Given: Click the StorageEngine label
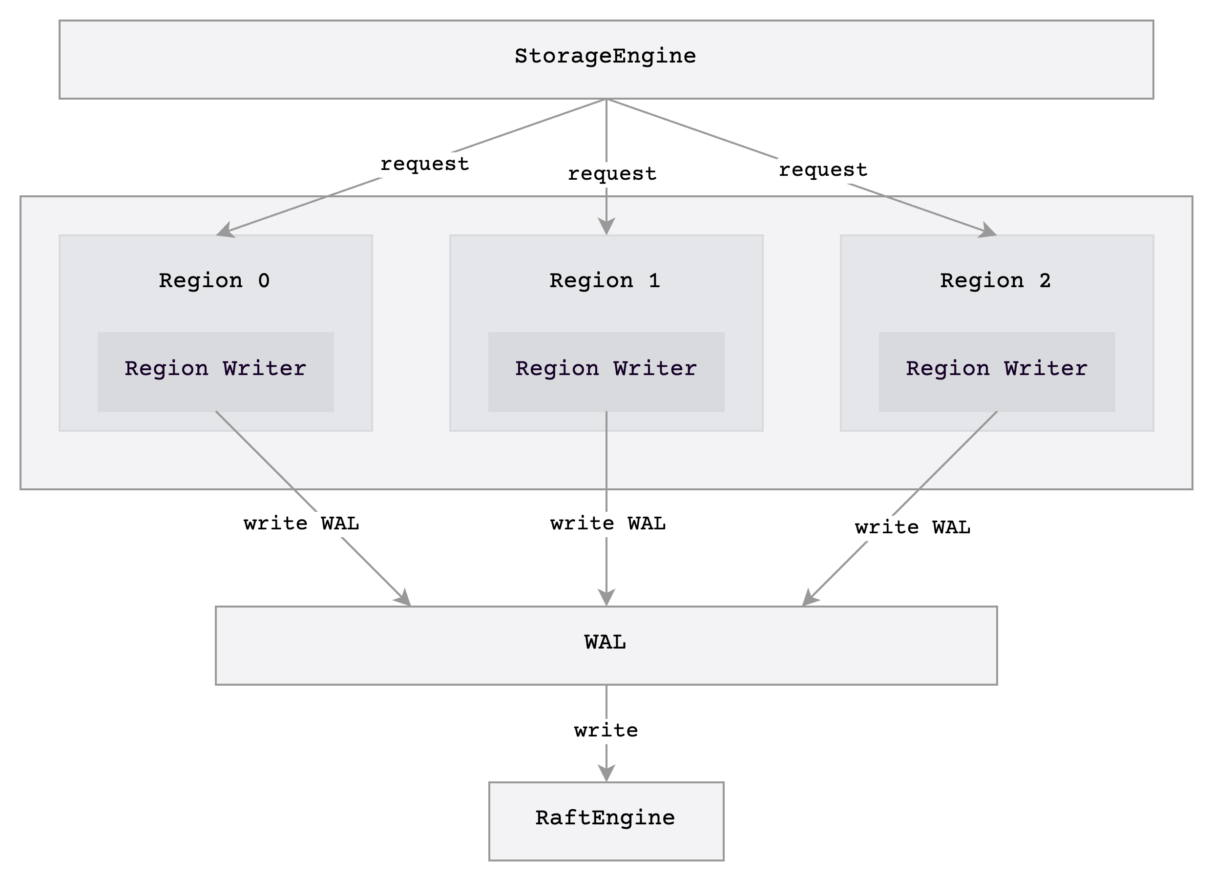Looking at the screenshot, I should (x=606, y=56).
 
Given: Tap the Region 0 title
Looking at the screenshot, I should (x=214, y=281).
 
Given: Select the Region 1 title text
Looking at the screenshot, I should (x=605, y=281).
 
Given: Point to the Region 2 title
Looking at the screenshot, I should (x=995, y=281).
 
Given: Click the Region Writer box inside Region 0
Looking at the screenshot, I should (x=215, y=371).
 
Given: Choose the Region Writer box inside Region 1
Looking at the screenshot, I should (x=606, y=371).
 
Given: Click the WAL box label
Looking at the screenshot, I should (x=606, y=642).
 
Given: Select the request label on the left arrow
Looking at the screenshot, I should (x=425, y=164).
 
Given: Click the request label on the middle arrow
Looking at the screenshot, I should (x=612, y=174).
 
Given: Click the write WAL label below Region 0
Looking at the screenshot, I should (x=301, y=523).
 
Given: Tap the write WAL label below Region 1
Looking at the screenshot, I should (x=608, y=523).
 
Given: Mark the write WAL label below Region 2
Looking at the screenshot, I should (x=912, y=527).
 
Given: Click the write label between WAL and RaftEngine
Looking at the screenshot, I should (x=606, y=730).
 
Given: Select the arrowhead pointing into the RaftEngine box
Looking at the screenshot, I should (x=606, y=774).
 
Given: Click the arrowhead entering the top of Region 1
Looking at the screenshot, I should (x=606, y=227).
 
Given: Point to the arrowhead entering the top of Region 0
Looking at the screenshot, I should (x=225, y=231).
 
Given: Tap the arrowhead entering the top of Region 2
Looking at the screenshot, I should (x=988, y=231).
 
